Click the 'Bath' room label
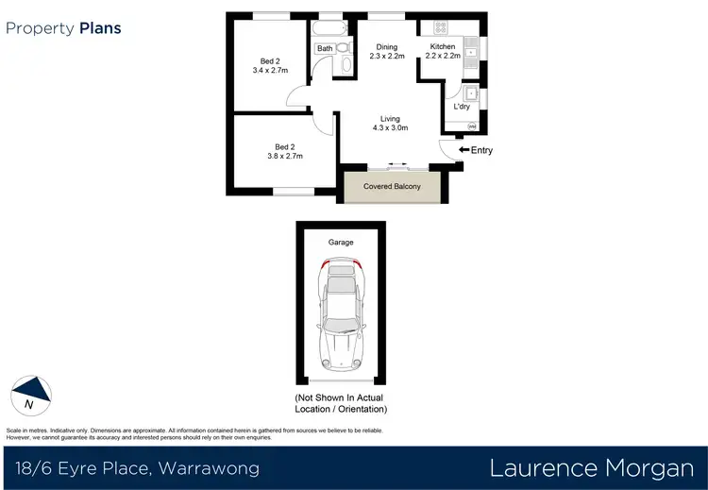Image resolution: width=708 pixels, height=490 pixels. pos(325,48)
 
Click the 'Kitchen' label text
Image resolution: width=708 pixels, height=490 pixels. pos(443,46)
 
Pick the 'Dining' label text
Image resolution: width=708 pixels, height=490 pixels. pos(387,46)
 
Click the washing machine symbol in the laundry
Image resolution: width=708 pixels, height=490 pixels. pos(471,127)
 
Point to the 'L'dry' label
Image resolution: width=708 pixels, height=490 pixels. pos(462,107)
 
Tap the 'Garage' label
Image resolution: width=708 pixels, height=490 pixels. pos(341,243)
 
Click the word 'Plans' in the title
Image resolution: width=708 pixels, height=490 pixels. pos(99,28)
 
